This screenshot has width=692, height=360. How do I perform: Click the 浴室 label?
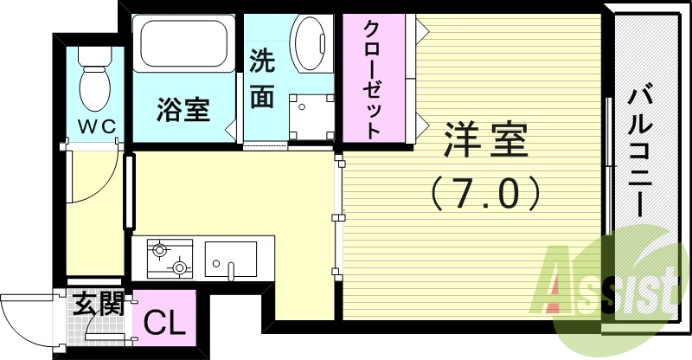click(x=183, y=110)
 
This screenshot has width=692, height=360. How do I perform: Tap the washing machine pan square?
click(x=311, y=117)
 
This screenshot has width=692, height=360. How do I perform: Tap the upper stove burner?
click(x=159, y=251)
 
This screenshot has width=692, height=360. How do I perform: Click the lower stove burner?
click(x=181, y=267)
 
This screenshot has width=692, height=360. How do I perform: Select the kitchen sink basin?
click(x=230, y=257)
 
